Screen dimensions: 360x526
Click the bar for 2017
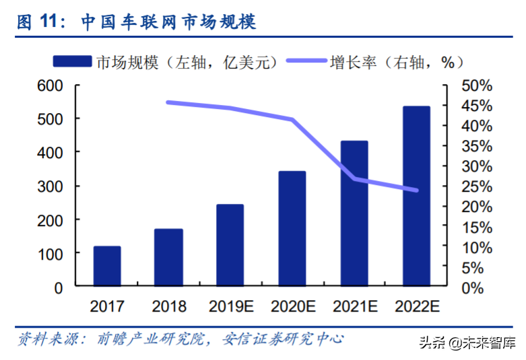[x=107, y=266]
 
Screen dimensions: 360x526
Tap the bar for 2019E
[x=230, y=245]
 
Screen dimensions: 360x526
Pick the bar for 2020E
[x=292, y=229]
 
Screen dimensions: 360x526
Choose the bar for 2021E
[x=354, y=213]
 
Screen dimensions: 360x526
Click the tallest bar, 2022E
[x=416, y=196]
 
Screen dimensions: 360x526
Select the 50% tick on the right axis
[x=478, y=85]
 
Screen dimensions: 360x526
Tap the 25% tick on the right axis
[x=478, y=186]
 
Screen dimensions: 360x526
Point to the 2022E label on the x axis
[x=416, y=307]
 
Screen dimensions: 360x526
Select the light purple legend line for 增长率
[x=306, y=62]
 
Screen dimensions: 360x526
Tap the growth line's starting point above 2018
[x=168, y=102]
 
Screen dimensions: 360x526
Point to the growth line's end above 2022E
[x=416, y=190]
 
